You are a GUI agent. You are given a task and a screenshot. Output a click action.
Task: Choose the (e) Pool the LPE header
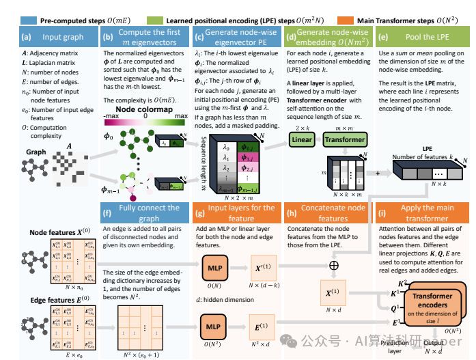[x=421, y=36]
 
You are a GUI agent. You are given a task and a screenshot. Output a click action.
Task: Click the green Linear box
[x=303, y=139]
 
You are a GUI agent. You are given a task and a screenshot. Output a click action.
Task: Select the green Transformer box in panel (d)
[x=344, y=139]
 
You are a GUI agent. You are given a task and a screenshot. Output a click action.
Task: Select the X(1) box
[x=334, y=292]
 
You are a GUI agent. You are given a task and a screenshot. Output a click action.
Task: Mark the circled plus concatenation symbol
[x=334, y=263]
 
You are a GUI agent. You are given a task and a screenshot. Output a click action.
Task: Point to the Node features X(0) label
[x=58, y=232]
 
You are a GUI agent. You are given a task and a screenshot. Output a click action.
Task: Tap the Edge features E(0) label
[x=58, y=297]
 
